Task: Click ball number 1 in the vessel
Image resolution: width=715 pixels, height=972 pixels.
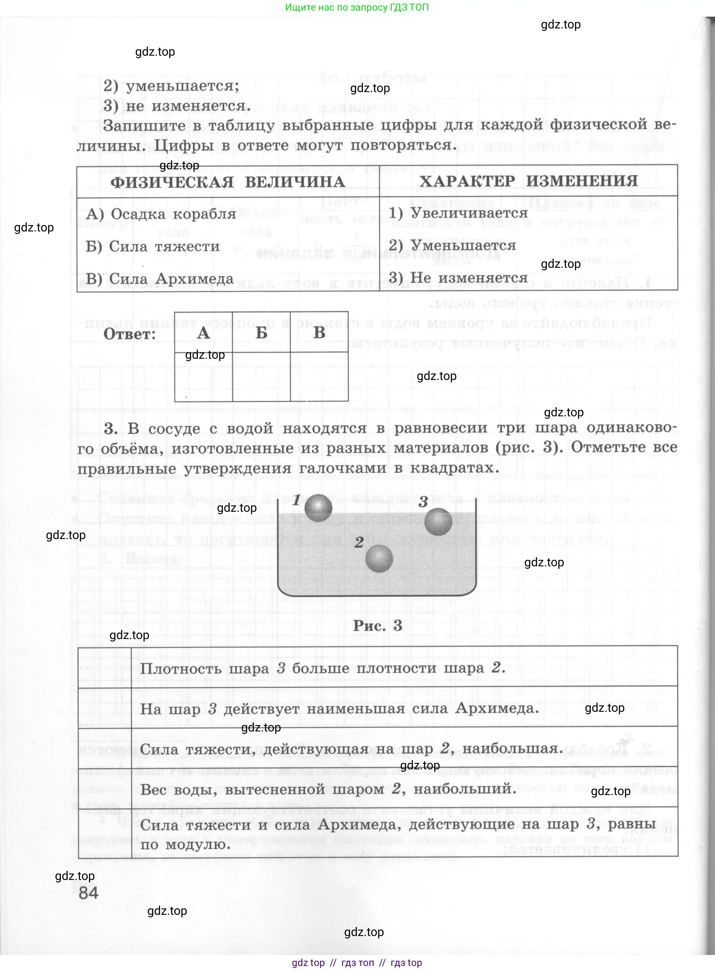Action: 318,508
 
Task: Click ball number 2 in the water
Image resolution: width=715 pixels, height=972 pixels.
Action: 379,558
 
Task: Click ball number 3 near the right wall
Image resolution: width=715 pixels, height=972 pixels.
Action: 438,522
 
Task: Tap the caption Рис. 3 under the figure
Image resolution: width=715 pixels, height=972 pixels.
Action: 377,625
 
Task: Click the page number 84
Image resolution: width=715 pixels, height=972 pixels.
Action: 89,893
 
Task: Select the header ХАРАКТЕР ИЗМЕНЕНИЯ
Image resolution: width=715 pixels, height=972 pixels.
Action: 528,181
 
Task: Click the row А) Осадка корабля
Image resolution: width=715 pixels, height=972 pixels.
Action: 161,214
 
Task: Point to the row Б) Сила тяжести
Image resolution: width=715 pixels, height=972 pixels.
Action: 153,247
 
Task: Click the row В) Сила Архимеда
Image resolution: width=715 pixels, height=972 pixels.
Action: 160,278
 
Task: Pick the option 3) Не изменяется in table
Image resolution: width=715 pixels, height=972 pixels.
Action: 458,278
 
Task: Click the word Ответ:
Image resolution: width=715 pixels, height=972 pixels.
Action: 129,334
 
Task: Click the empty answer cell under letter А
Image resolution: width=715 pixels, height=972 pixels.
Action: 203,377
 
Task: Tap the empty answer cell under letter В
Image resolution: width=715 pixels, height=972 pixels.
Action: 319,377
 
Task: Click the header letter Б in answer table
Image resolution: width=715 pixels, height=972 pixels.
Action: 262,332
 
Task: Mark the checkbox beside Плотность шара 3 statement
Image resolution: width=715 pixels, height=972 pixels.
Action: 104,667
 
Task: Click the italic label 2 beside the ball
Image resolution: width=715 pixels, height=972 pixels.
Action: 358,542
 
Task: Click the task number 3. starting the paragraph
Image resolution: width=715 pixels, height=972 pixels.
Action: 111,428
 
